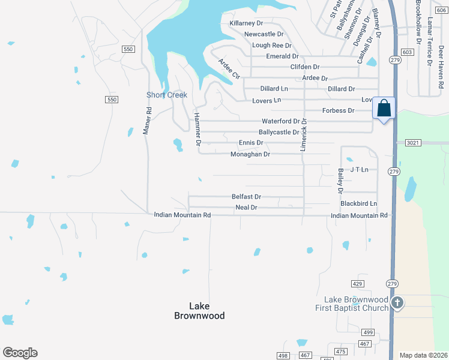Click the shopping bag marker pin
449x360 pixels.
tap(384, 109)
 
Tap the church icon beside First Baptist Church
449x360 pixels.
tap(397, 303)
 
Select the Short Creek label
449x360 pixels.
tap(167, 95)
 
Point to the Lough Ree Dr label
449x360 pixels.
tap(271, 46)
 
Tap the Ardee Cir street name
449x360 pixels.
tap(229, 69)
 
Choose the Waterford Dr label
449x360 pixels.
tap(280, 121)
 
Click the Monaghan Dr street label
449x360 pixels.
tap(250, 154)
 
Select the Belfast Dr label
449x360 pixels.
tap(247, 197)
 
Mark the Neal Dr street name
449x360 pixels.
tap(246, 208)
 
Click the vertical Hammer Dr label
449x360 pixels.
tap(196, 128)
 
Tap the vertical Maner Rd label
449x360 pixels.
tap(146, 121)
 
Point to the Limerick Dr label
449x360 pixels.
tap(304, 134)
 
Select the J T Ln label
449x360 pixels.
tap(359, 170)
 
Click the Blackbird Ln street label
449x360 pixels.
tap(359, 204)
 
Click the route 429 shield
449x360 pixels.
tap(358, 283)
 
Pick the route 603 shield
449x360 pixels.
tap(408, 53)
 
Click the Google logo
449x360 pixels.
tap(20, 353)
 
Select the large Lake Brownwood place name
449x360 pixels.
tap(199, 310)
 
